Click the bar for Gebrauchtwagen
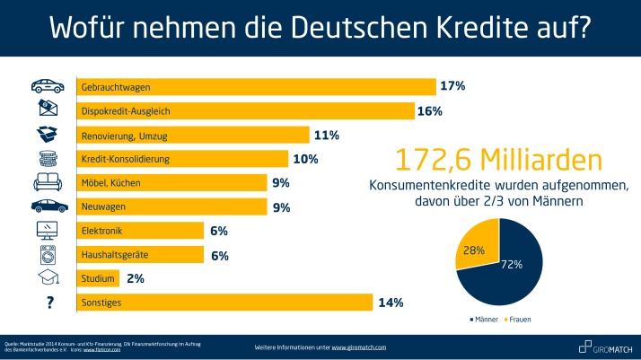256,87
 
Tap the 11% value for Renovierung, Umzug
325,136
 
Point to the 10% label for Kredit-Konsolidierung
305,159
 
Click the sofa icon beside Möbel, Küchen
47,183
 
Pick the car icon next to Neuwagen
47,206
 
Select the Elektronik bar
140,231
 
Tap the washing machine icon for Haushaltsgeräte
47,254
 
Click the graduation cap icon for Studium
47,278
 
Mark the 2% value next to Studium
136,278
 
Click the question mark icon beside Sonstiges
47,303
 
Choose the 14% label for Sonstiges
390,303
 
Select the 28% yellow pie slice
477,246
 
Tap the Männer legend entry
484,319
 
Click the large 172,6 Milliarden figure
498,160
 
